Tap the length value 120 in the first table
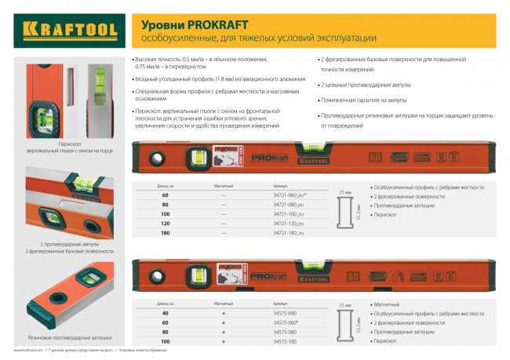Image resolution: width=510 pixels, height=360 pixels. point(166,224)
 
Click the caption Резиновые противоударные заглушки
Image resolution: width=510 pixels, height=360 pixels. point(65,316)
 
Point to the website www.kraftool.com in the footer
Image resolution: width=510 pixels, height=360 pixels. point(27,351)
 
